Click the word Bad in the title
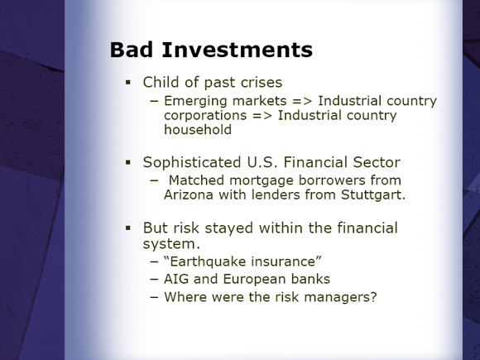coord(132,50)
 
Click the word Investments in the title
coord(238,50)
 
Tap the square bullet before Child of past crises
coord(128,83)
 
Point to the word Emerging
coord(195,101)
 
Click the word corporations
coord(205,115)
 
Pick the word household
coord(198,129)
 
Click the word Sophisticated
coord(192,162)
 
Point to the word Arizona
coord(189,194)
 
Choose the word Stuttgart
coord(373,194)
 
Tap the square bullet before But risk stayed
coord(128,228)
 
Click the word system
coord(171,244)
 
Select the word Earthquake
coord(208,262)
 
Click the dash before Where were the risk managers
coord(155,297)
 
